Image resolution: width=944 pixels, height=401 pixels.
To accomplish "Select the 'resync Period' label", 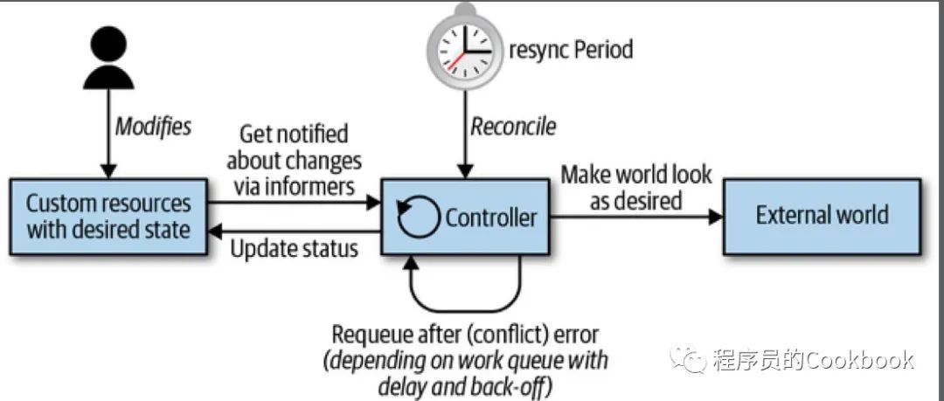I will click(x=572, y=48).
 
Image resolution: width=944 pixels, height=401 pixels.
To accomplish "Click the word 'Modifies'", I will click(x=153, y=126).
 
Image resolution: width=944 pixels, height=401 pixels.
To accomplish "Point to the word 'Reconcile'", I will click(x=513, y=127).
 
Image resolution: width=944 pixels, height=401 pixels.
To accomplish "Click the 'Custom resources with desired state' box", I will click(x=108, y=217).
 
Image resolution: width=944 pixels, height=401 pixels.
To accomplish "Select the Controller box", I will click(x=466, y=217).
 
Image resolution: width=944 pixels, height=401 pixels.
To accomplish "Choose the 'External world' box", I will click(x=822, y=216).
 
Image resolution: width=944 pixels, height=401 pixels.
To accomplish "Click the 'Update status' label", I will click(x=295, y=248).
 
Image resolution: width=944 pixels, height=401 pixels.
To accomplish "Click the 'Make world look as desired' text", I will click(x=635, y=187).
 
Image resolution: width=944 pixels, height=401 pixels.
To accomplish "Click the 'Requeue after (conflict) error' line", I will click(x=466, y=335).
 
